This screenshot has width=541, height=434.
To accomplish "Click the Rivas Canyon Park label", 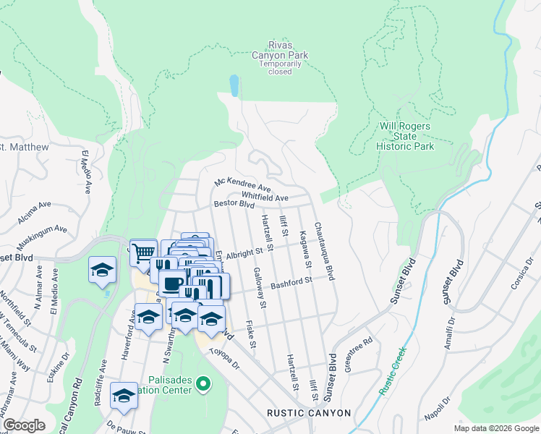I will coord(280,50).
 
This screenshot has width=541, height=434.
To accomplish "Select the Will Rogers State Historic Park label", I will coord(405,136).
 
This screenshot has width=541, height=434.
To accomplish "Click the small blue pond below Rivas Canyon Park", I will coord(234,86).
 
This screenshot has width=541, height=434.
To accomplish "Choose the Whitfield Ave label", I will coord(265,197).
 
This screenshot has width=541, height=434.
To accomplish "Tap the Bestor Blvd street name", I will coord(235,205).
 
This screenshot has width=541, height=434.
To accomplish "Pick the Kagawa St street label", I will coord(303,244).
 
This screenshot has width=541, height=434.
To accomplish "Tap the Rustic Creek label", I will coord(392,371).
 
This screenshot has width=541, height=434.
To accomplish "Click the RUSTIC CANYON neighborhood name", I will coord(309,413).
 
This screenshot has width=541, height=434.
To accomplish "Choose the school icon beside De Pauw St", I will coord(124,396).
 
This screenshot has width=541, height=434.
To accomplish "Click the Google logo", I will coord(23,425).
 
